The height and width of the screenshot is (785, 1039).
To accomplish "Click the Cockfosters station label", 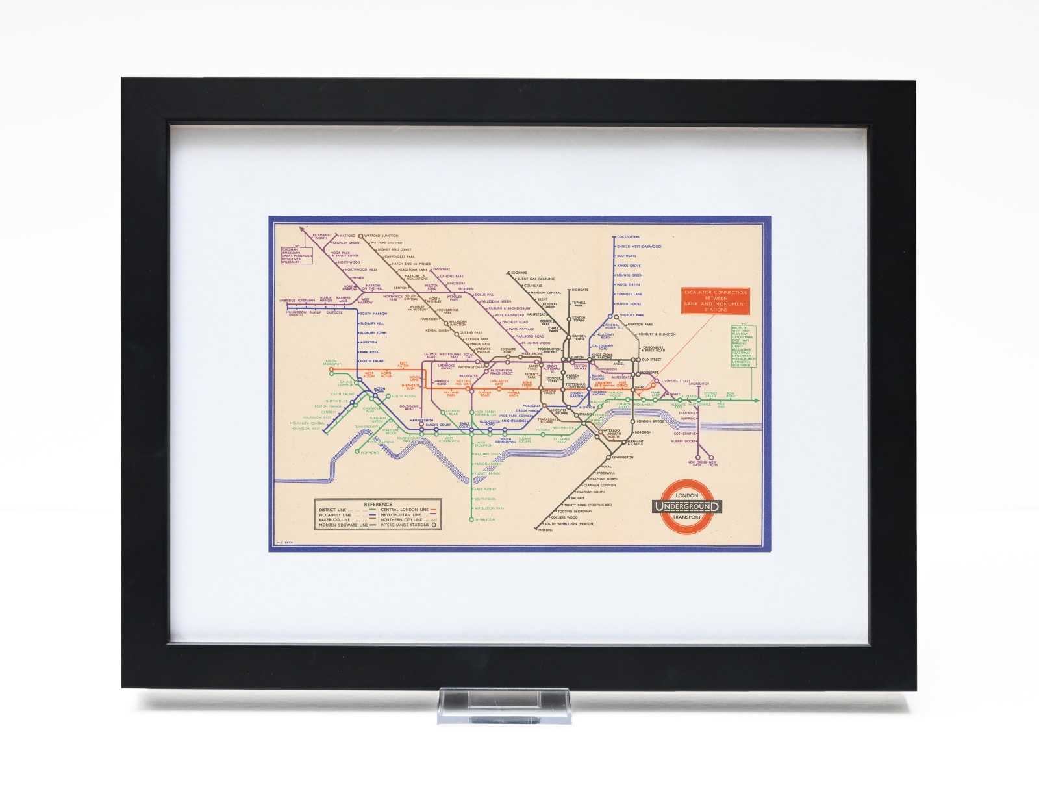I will pos(629,237).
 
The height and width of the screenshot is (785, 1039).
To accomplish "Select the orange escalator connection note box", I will pos(715,301).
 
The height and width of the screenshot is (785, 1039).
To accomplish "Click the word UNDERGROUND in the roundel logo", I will pos(687,506).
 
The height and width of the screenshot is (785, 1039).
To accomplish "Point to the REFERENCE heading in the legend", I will pos(378,504).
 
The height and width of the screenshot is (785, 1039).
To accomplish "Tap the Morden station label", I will pos(545,530).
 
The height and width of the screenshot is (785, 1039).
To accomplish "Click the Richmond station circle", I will pos(357,452).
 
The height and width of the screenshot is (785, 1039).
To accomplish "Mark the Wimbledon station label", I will pos(485,520).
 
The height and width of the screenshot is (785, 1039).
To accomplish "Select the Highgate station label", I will pos(580,290).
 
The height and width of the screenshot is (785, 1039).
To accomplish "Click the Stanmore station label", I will pos(442,269).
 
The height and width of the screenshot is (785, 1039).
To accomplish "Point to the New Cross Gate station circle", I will pos(697,456).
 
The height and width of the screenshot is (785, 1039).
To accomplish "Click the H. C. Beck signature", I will pos(286,542).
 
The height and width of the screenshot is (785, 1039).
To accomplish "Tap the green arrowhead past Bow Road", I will pos(757,401).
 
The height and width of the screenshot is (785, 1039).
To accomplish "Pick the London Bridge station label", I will pos(650,421).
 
